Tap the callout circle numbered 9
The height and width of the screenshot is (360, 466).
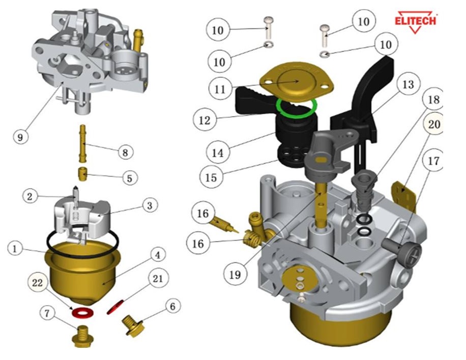[x=20, y=137]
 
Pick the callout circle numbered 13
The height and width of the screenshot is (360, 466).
[x=408, y=85]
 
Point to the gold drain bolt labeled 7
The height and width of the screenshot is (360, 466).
[x=82, y=336]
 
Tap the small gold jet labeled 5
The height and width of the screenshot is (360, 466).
[x=83, y=175]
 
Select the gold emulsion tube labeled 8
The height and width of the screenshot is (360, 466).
[x=84, y=145]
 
